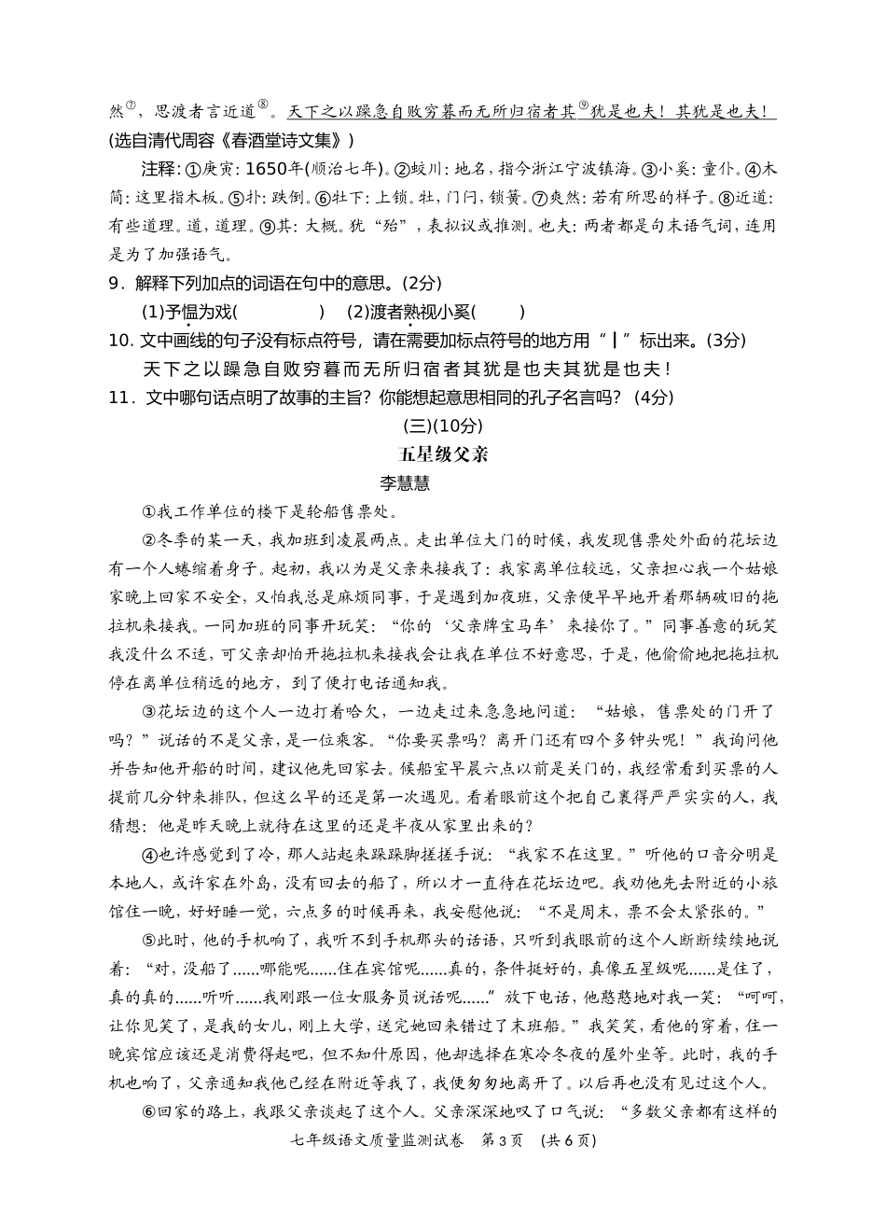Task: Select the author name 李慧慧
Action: pos(405,483)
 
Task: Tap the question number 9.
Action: pos(113,284)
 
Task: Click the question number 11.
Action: pos(118,398)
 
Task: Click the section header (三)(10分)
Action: pos(443,426)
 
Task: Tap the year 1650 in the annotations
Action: pos(268,169)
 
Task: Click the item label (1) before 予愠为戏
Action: pos(151,312)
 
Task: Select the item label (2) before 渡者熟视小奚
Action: pos(358,312)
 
